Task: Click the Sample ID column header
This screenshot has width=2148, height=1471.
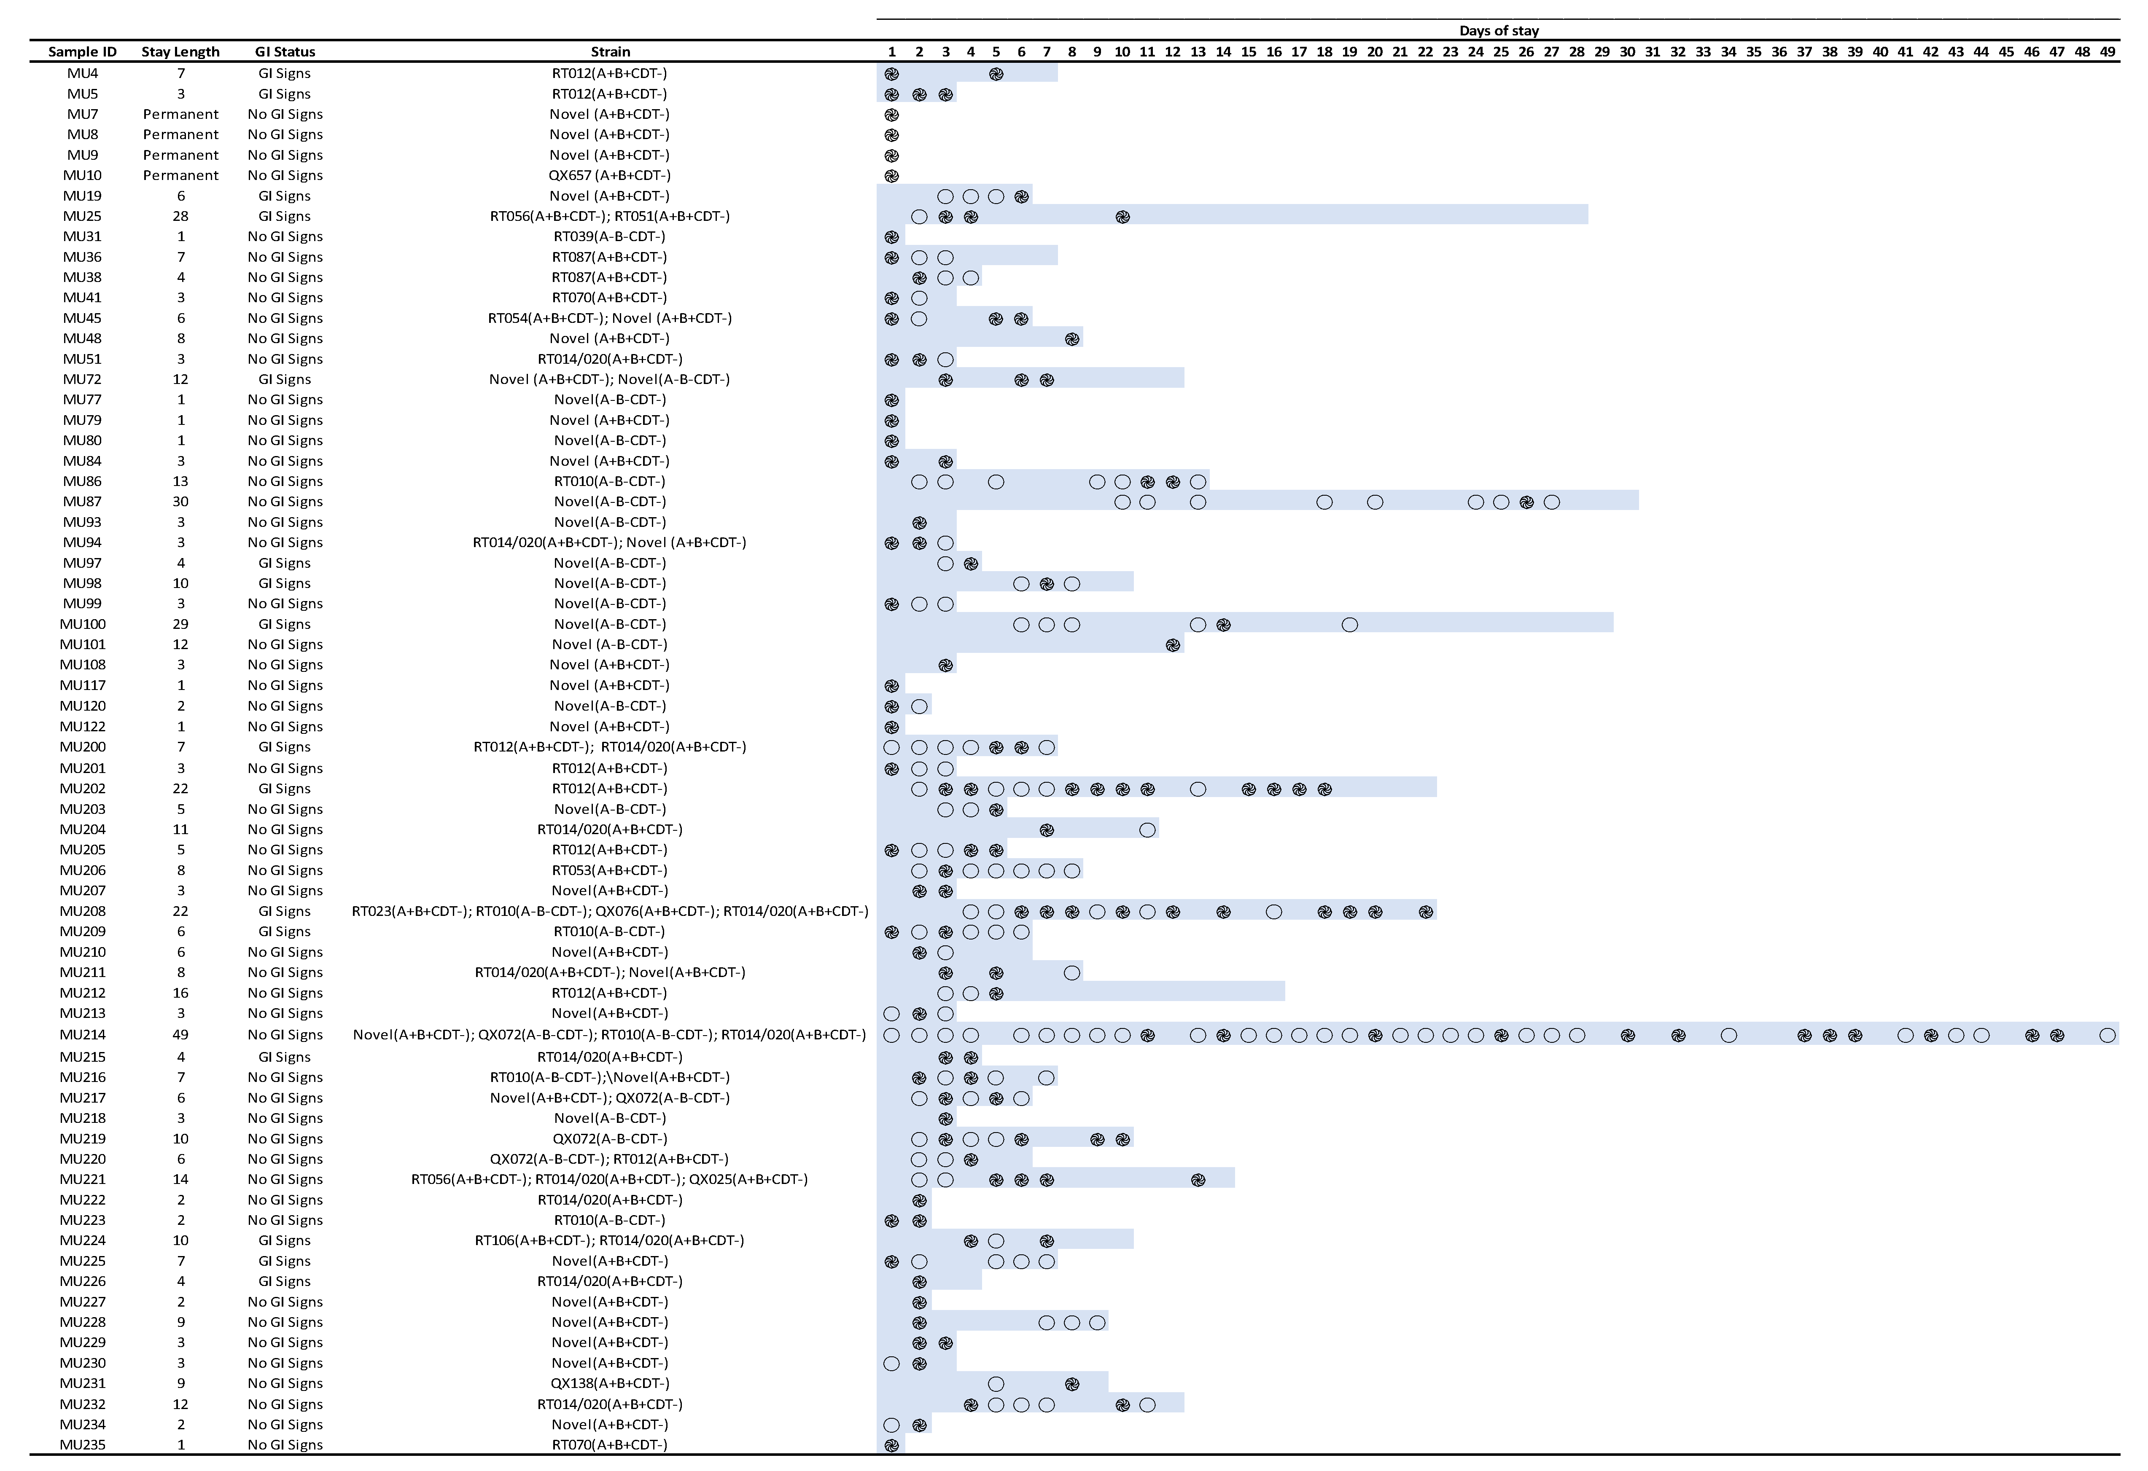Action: (x=82, y=52)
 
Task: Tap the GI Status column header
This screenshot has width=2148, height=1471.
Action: (x=285, y=52)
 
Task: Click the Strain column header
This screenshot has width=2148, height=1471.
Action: (x=610, y=52)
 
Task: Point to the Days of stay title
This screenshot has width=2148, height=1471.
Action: (x=1498, y=30)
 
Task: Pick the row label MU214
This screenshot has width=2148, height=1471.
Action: (x=82, y=1035)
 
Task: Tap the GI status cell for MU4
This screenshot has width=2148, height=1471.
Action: (x=285, y=74)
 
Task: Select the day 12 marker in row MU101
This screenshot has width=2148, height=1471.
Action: (x=1173, y=645)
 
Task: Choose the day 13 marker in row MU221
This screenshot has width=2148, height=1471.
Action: (x=1198, y=1180)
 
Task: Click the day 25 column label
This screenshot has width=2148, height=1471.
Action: (x=1501, y=52)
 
